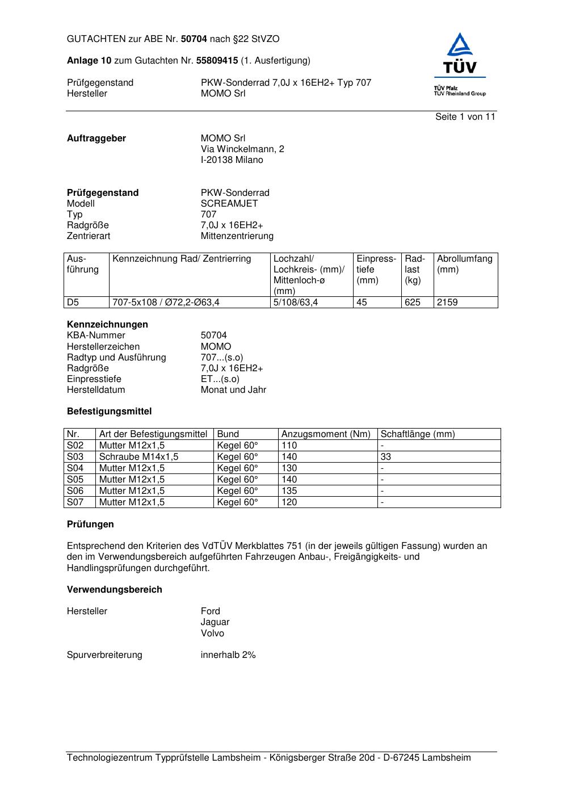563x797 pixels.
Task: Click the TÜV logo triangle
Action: [459, 46]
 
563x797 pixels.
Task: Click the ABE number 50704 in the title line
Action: [194, 39]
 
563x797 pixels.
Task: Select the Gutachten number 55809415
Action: [217, 60]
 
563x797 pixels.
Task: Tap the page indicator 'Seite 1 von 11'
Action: [465, 116]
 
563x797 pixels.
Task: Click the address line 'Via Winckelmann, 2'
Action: [242, 149]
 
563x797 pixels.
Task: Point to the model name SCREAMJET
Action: [229, 203]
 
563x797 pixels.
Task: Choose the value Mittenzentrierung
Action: [237, 236]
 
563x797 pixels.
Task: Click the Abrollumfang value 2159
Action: [447, 302]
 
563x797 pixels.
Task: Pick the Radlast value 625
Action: [413, 302]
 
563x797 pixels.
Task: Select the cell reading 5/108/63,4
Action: [296, 302]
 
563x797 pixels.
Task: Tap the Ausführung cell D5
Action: [73, 302]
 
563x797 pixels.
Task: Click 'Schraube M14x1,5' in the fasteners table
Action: [138, 456]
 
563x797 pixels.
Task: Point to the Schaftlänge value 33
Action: [386, 456]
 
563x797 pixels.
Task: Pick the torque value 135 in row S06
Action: [289, 490]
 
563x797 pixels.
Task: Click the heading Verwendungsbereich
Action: [114, 589]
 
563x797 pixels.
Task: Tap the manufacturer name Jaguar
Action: [215, 622]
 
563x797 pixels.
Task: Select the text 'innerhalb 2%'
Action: [228, 655]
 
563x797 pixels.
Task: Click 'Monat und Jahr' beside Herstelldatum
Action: [233, 389]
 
